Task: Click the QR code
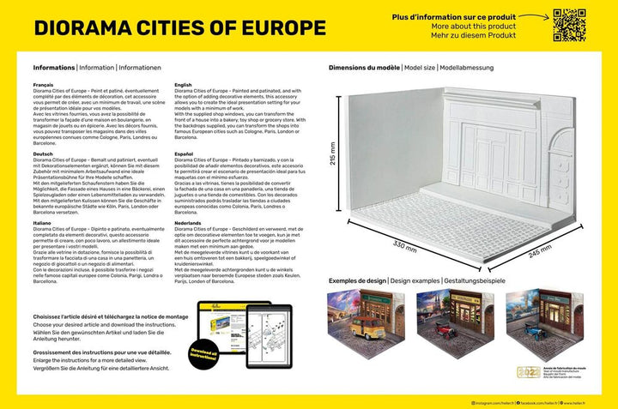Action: pos(567,25)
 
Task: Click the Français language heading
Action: pos(43,86)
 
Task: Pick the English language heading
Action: pos(183,86)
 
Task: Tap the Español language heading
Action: pos(184,153)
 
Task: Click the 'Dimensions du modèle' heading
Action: pos(364,67)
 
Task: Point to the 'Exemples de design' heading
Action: pos(357,281)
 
